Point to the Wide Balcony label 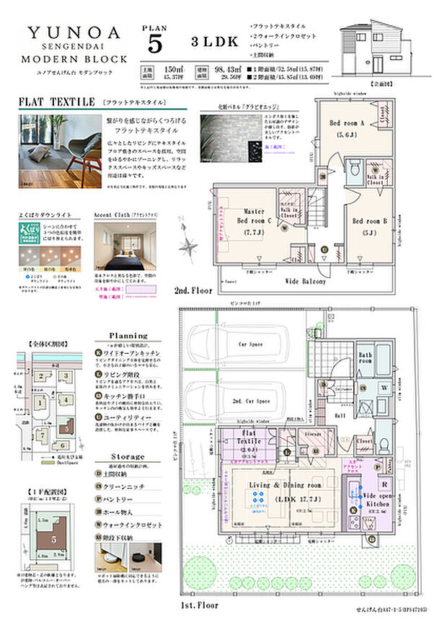(x=306, y=281)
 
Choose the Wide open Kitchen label (x=379, y=501)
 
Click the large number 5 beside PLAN (x=154, y=44)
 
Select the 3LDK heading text (x=216, y=43)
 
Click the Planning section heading (x=128, y=335)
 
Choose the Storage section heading (x=128, y=456)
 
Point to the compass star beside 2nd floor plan (x=190, y=247)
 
